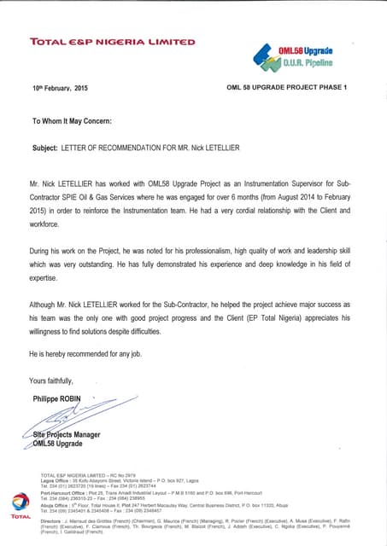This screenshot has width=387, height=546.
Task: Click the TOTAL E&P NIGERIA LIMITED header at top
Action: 112,41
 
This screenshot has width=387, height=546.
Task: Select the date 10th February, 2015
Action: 60,89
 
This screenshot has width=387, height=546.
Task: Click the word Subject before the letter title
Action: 44,148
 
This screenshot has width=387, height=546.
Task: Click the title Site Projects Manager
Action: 67,435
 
